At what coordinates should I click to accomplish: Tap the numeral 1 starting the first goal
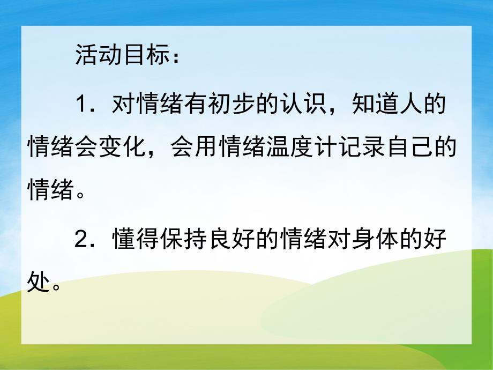point(81,103)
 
